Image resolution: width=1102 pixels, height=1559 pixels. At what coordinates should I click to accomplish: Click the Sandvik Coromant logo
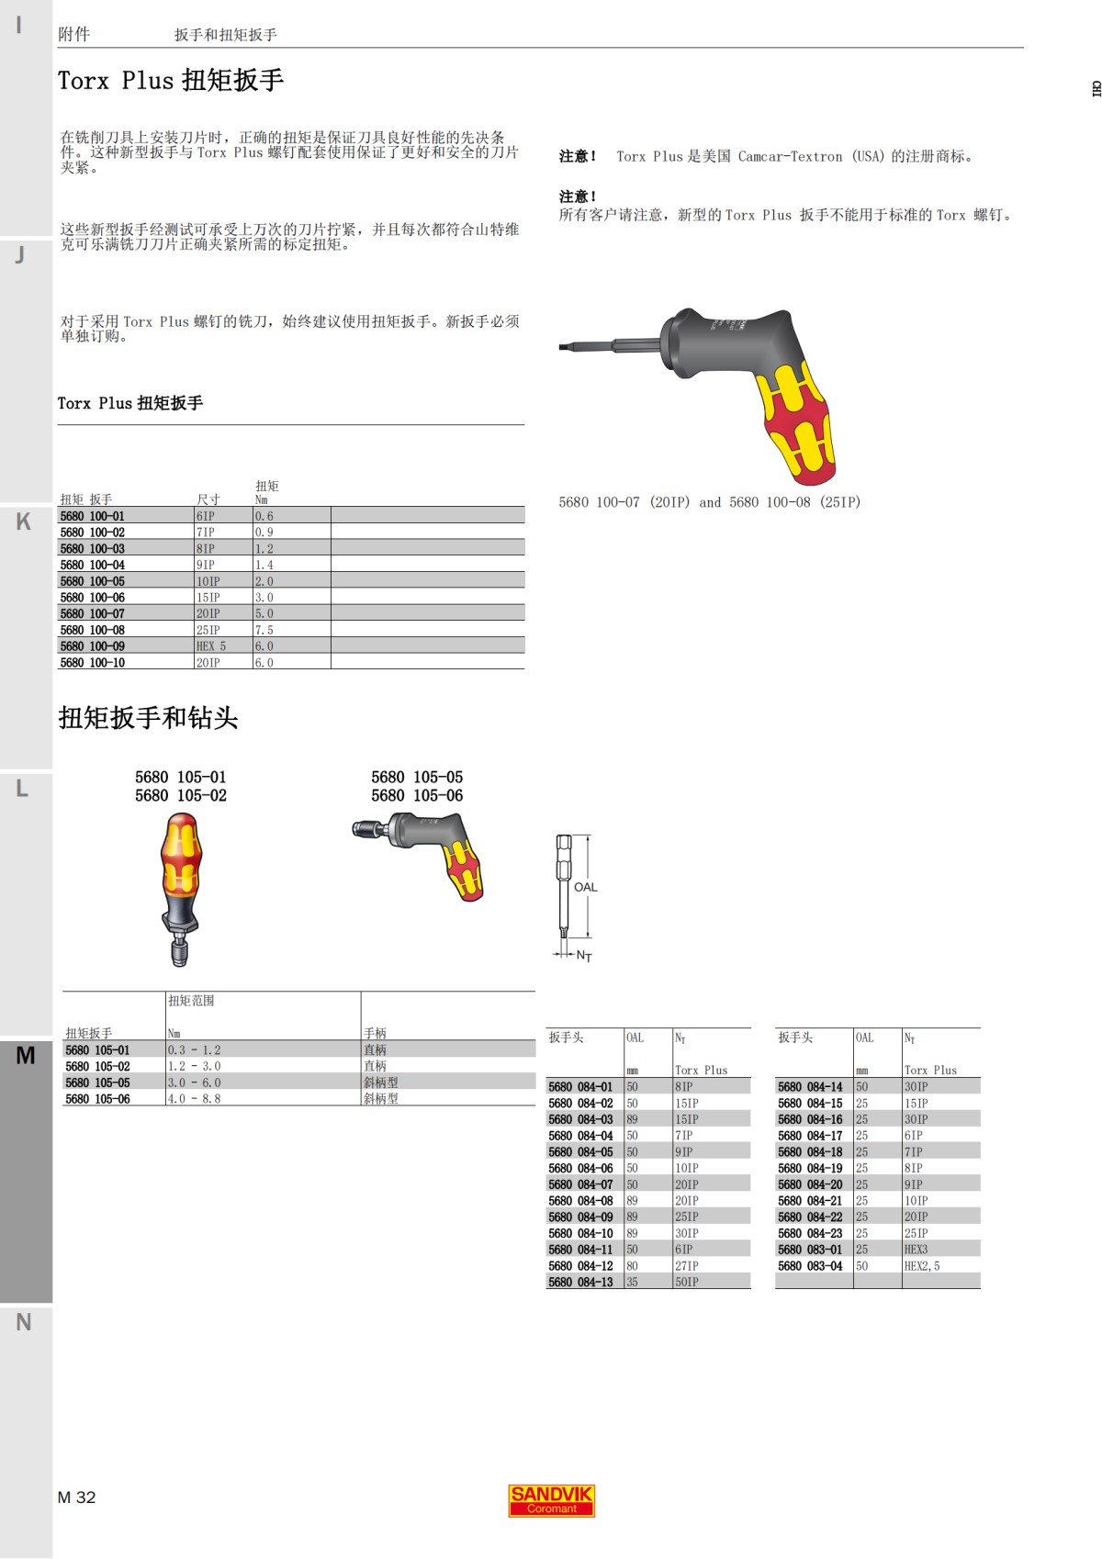(551, 1500)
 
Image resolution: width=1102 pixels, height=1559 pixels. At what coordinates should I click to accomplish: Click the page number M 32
(76, 1497)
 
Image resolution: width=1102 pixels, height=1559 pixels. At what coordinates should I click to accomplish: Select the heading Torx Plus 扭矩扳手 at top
(171, 81)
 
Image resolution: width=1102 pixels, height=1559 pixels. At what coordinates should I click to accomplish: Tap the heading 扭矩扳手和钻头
(148, 717)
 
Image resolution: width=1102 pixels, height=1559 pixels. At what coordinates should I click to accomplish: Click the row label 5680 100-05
(93, 581)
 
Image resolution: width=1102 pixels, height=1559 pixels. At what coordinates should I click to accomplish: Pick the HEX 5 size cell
(210, 646)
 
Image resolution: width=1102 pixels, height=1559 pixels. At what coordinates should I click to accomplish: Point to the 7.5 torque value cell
(264, 630)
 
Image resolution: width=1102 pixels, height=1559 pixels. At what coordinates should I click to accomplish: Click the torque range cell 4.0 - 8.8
(194, 1098)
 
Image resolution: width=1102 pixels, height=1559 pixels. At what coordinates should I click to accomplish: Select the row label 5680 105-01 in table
(97, 1049)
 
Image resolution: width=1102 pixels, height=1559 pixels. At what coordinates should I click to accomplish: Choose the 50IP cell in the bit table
(686, 1282)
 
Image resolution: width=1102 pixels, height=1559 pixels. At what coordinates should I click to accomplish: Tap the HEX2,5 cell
(922, 1265)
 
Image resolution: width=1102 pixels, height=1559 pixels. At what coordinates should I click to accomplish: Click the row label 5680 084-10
(580, 1233)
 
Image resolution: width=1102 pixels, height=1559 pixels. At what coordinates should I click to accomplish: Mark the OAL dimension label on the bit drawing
(585, 887)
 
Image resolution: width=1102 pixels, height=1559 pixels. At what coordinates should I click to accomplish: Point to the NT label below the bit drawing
(584, 956)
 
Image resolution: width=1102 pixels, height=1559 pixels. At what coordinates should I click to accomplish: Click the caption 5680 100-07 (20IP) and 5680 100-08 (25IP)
(709, 502)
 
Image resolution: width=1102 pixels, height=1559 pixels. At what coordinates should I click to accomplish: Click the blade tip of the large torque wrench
(564, 346)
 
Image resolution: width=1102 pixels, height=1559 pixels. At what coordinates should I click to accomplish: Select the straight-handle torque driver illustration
(181, 887)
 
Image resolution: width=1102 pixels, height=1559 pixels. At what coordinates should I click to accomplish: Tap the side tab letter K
(23, 522)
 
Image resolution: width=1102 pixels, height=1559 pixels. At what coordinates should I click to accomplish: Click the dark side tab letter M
(25, 1055)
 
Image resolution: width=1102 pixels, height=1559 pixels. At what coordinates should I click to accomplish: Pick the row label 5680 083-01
(810, 1250)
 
